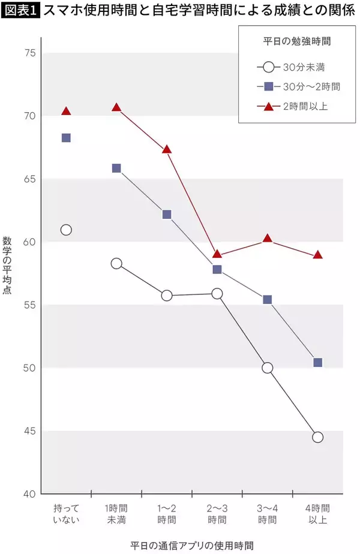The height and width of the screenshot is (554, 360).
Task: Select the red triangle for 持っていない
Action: point(66,111)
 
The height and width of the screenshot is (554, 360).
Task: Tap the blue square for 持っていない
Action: point(66,138)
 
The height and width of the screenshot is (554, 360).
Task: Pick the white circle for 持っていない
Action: point(66,230)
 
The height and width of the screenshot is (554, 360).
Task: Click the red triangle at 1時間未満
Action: point(116,107)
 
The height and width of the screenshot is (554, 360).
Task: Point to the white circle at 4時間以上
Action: point(318,437)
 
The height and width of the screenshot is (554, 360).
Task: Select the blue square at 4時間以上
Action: point(318,362)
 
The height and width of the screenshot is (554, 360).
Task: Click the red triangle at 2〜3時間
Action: point(217,254)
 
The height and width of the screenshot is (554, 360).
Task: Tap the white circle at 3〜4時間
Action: point(268,368)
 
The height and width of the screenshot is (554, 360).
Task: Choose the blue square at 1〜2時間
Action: point(167,214)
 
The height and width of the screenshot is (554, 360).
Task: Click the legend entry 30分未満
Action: point(304,67)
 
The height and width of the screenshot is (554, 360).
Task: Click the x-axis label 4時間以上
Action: point(318,513)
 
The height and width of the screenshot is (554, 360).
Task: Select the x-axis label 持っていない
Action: point(66,513)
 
